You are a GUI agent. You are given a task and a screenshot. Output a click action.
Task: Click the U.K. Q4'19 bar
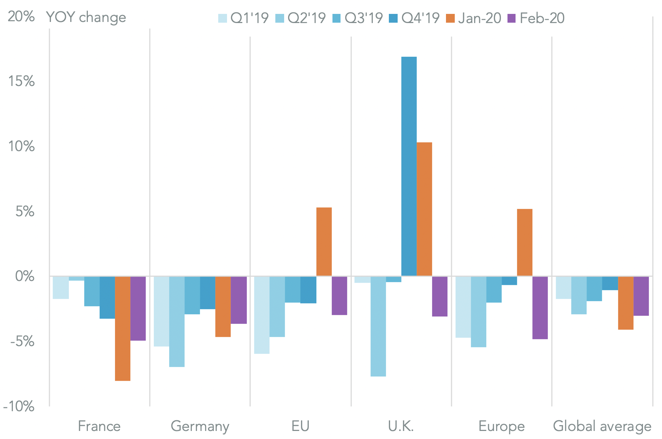pos(409,166)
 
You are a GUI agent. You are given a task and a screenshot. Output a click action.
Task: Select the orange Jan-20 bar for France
pos(123,329)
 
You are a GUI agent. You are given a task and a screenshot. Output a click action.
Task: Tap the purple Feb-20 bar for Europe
pos(540,308)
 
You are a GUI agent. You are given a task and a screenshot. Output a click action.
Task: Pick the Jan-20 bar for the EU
pos(324,241)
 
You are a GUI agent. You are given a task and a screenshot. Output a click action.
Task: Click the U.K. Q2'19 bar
pos(378,326)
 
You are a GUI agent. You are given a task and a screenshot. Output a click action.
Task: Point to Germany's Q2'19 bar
pos(177,322)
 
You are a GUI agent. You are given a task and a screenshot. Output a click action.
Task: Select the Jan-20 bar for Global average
pos(626,303)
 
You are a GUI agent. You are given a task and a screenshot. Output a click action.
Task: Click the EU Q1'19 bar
pos(262,315)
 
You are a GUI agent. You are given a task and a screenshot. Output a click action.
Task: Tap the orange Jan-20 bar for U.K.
pos(424,209)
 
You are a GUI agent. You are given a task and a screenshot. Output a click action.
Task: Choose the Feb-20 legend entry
pos(536,18)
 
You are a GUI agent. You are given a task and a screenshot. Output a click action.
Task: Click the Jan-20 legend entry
pos(474,18)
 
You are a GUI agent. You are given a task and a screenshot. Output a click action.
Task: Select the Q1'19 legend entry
pos(244,18)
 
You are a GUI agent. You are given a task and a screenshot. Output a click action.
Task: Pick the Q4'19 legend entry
pos(414,18)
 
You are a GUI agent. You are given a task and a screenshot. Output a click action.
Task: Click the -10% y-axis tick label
pos(19,406)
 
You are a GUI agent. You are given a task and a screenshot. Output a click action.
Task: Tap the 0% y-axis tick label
pos(25,276)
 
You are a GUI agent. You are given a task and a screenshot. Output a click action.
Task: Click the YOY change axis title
pos(86,17)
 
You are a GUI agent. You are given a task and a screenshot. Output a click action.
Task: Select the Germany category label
pos(200,426)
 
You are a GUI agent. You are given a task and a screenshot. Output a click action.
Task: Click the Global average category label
pos(602,426)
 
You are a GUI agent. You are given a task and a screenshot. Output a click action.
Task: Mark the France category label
pos(99,426)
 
